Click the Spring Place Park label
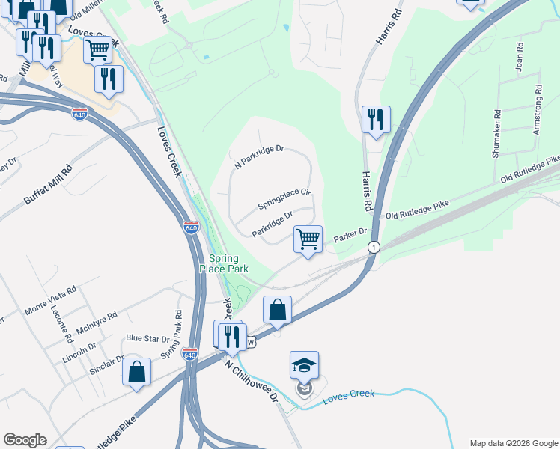(x=223, y=263)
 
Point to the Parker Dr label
(x=350, y=233)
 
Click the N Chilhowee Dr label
(x=252, y=382)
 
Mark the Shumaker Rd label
(x=496, y=135)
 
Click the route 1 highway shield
(x=372, y=247)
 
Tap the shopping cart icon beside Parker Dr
(x=308, y=239)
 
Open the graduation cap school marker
(x=304, y=366)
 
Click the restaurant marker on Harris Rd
(x=375, y=120)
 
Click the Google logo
(x=25, y=440)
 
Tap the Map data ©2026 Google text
(x=513, y=443)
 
